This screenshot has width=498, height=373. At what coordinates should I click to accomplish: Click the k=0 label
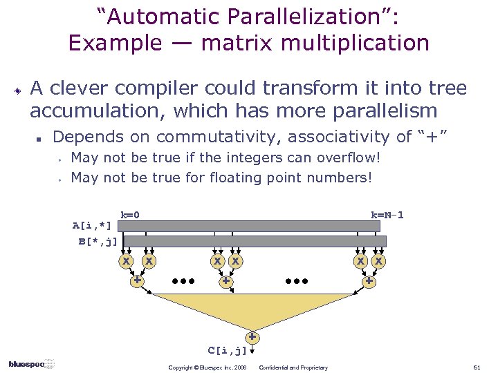coord(131,215)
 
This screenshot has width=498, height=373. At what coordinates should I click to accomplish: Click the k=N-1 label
coord(387,215)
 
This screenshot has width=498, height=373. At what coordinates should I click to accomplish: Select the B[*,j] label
coord(98,241)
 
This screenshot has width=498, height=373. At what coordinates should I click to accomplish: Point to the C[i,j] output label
coord(228,350)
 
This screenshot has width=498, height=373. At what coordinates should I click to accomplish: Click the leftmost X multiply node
coord(126,261)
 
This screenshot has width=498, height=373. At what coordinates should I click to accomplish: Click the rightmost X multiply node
coord(378,261)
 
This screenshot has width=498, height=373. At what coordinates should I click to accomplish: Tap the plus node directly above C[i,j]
coord(253,338)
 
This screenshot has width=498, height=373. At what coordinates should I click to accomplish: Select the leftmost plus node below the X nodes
coord(138,281)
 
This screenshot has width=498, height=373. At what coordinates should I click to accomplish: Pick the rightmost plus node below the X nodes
coord(369,281)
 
